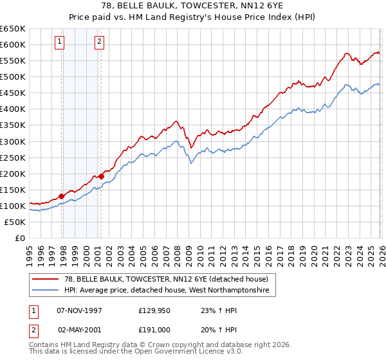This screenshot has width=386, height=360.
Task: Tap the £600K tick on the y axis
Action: pos(12,44)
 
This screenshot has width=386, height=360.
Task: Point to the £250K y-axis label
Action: pos(12,157)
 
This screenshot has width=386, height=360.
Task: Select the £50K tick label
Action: pos(15,222)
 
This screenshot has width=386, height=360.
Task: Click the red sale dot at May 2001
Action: pos(101,176)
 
